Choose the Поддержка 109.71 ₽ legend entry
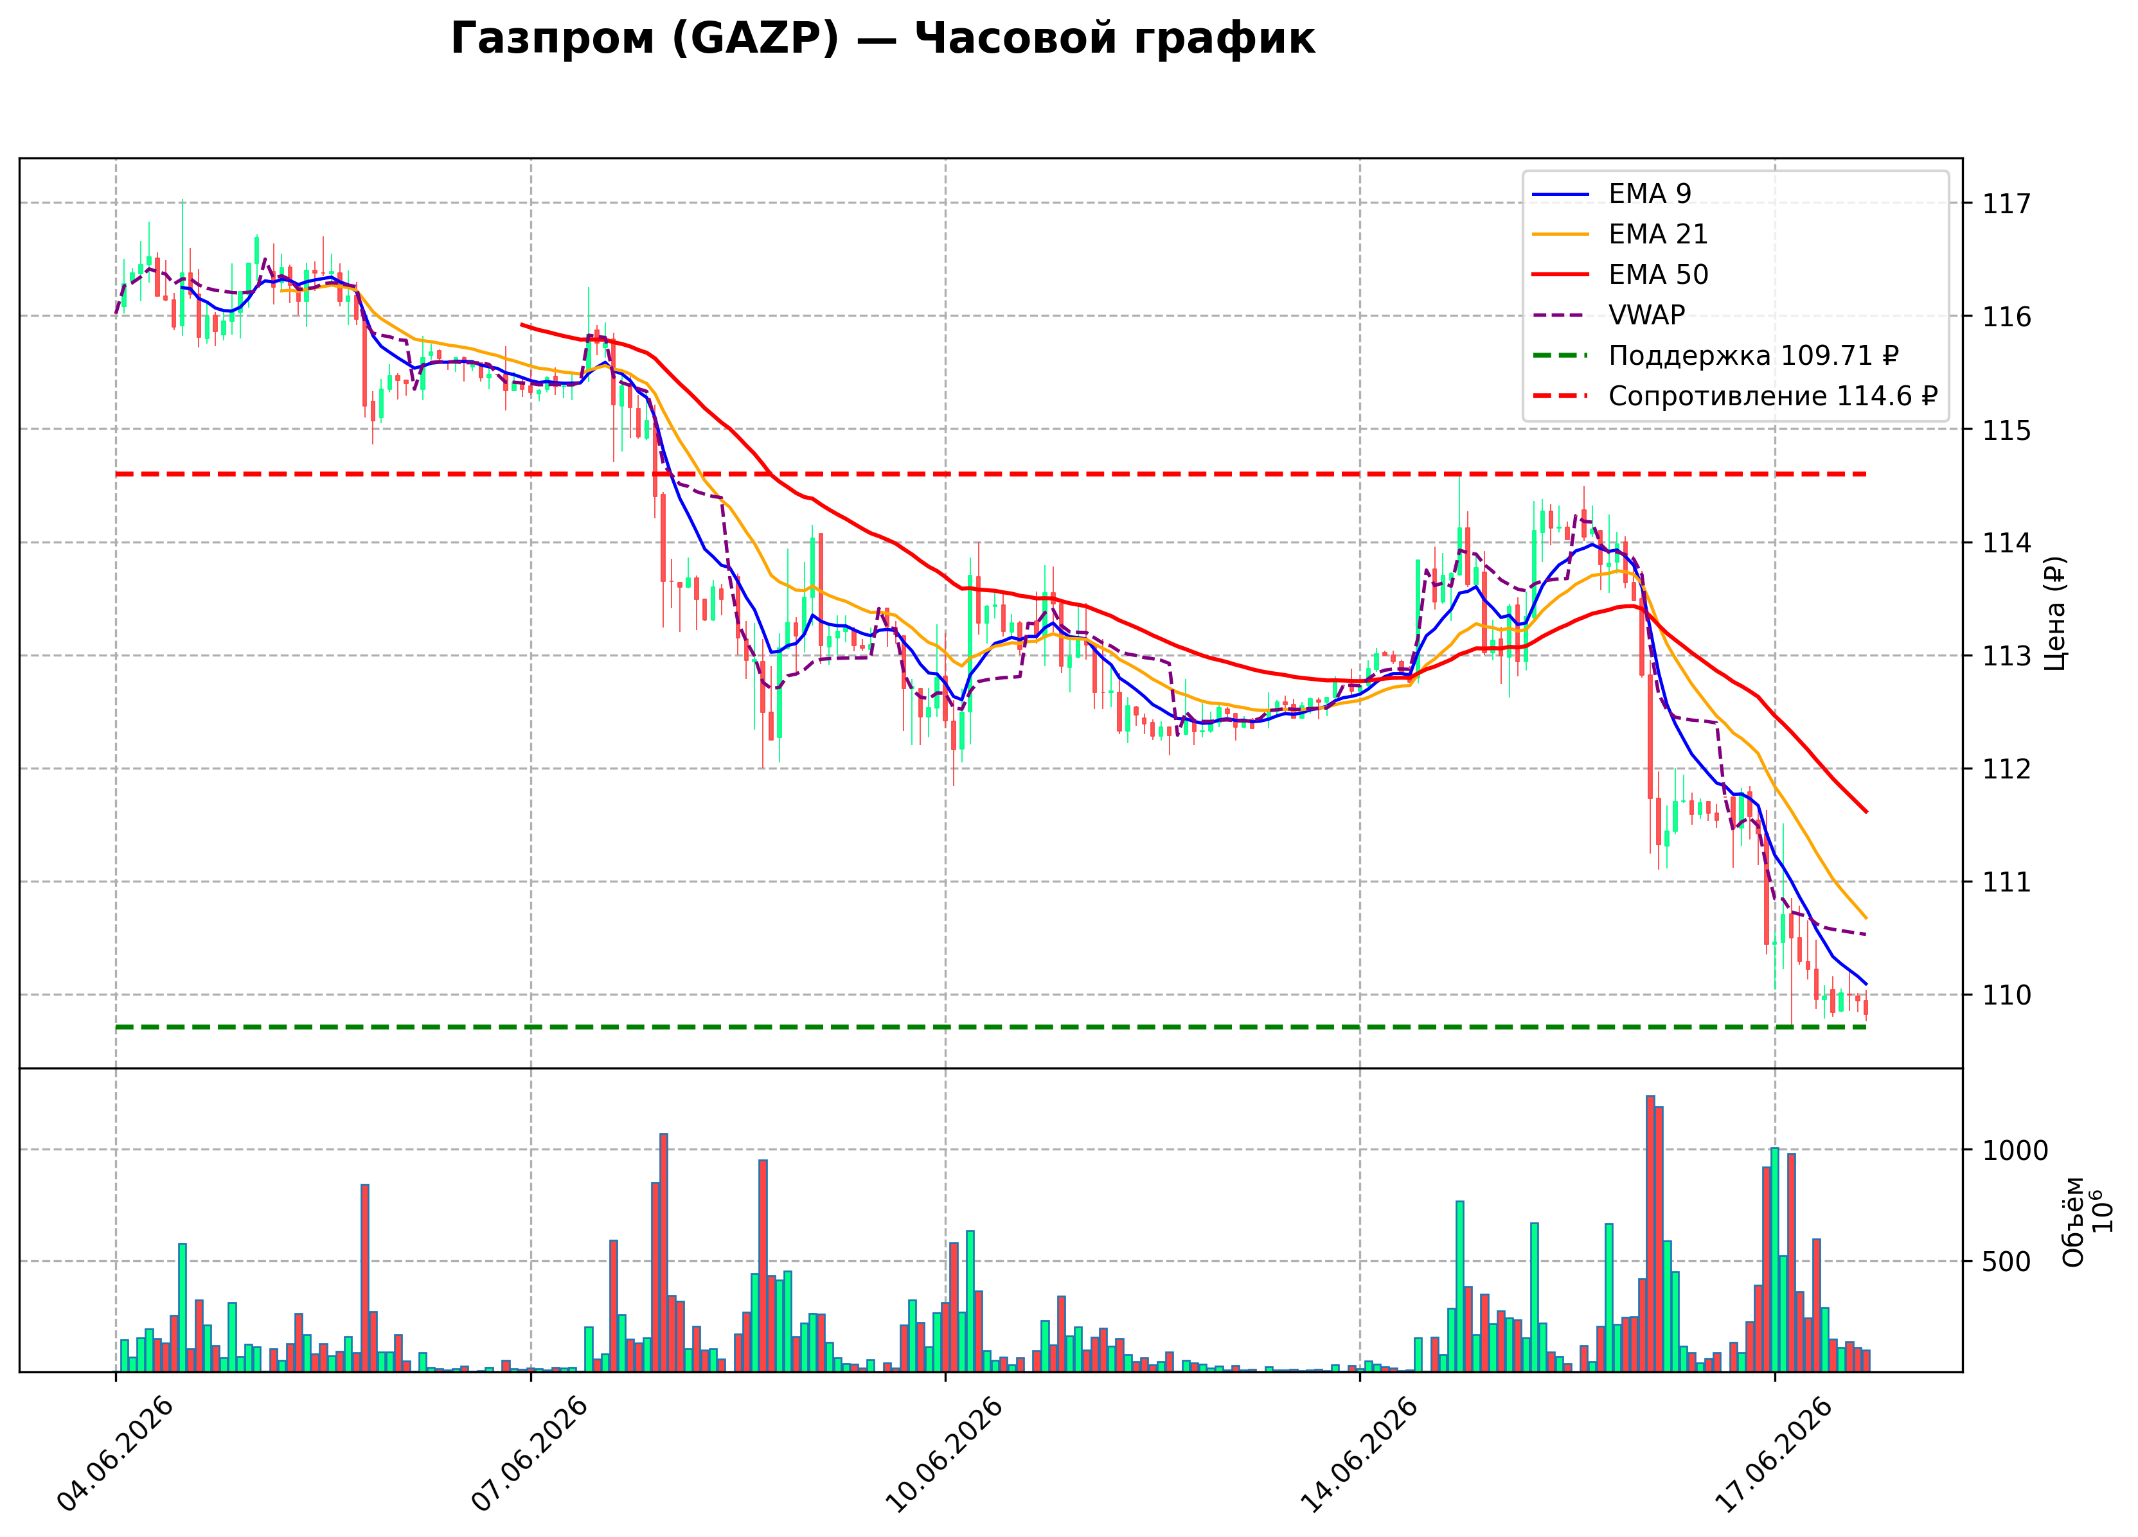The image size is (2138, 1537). (1716, 356)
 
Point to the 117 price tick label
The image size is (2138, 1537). (2007, 204)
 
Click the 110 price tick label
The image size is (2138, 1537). (2007, 995)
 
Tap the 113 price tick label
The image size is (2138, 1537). (2007, 656)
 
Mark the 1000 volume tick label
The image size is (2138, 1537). (2015, 1150)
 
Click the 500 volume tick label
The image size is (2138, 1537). (2007, 1262)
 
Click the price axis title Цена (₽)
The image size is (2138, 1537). (2056, 613)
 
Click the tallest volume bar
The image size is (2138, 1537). (1651, 1234)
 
